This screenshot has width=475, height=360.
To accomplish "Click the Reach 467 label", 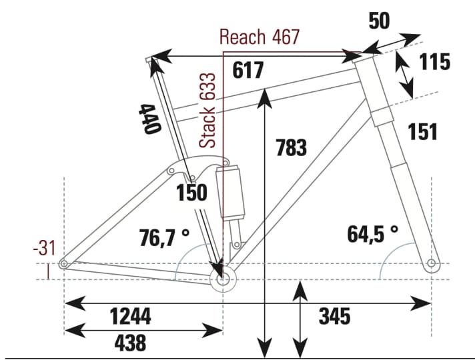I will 260,37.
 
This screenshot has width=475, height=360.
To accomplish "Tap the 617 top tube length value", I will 249,70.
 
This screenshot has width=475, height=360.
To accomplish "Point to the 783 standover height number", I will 291,147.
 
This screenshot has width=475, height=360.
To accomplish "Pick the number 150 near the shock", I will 191,193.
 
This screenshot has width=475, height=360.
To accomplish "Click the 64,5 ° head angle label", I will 372,234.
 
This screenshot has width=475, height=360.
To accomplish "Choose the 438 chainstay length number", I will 130,343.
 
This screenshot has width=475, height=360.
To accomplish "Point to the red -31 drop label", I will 45,249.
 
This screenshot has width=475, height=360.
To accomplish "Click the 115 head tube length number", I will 434,62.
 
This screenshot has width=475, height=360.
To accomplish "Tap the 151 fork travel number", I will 422,132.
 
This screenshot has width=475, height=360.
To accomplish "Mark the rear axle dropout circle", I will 64,265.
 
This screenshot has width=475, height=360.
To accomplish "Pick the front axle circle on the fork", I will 432,263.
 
